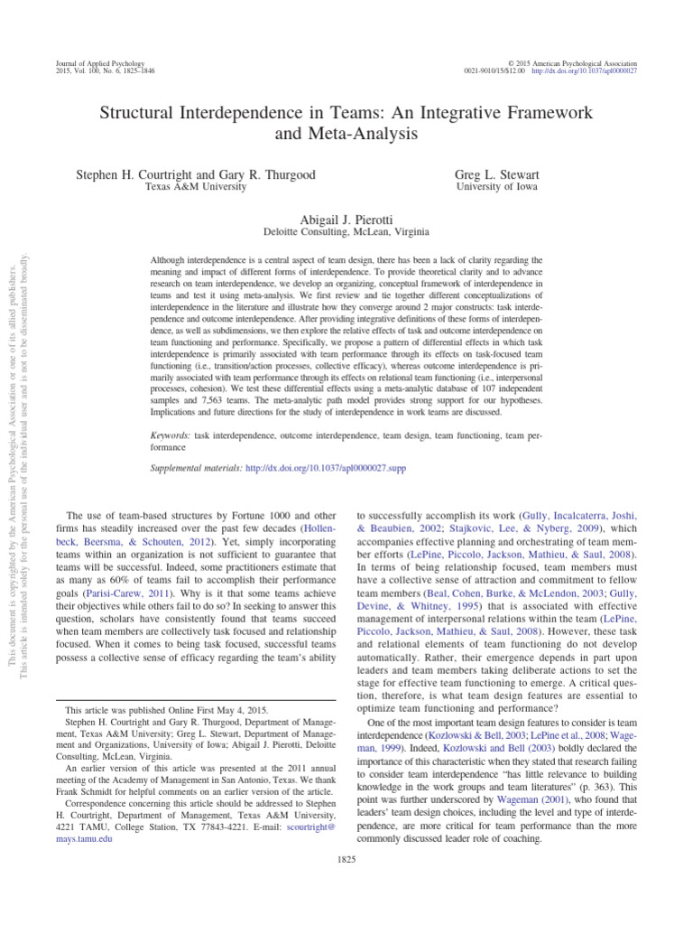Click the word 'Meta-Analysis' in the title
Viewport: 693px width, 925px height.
tap(346, 135)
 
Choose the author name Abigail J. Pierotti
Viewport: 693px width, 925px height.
tap(346, 218)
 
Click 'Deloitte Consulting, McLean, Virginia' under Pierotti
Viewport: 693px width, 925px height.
tap(346, 231)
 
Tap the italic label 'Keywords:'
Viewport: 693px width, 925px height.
tap(171, 434)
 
